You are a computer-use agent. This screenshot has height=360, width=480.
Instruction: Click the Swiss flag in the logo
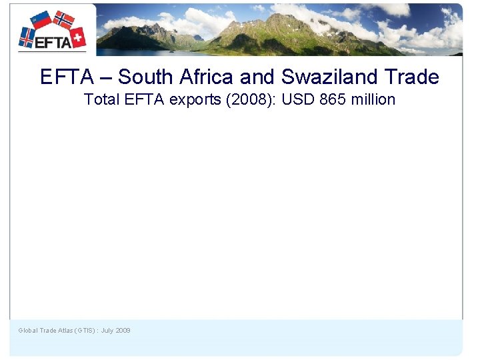[78, 37]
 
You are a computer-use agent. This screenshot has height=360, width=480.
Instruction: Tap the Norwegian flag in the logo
[64, 20]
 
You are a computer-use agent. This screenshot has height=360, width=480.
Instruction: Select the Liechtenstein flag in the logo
[41, 20]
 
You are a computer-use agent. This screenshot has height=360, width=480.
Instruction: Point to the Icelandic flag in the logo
[27, 36]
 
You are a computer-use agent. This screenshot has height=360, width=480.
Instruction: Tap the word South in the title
[146, 77]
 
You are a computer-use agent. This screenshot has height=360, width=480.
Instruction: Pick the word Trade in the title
[413, 77]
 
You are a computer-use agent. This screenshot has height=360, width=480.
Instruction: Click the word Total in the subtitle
[101, 100]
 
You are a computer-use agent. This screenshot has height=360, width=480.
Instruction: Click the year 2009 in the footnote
[123, 331]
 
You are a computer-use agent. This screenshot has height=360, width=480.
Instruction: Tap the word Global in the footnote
[27, 331]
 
